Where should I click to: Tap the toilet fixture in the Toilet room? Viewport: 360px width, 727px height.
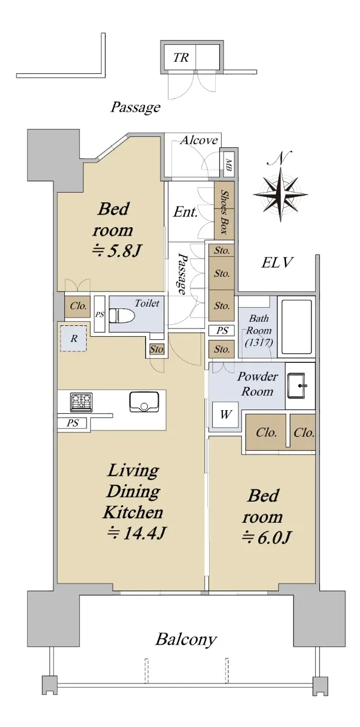[122, 316]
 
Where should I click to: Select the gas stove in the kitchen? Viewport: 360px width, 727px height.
[81, 402]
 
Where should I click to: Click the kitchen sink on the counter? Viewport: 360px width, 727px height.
[144, 402]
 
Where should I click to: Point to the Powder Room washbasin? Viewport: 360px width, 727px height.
[296, 385]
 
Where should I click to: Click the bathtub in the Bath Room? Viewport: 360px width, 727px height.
[296, 327]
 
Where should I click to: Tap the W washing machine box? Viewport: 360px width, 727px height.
[225, 414]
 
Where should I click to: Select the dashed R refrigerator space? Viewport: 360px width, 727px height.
[73, 339]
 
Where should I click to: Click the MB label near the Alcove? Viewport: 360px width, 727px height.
[228, 164]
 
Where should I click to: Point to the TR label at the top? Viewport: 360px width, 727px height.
[181, 58]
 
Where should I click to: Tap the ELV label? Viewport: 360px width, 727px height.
[278, 262]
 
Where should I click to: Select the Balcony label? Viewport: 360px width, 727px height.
[186, 639]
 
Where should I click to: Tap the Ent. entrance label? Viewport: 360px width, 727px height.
[185, 212]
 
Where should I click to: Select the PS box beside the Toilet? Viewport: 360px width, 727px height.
[99, 314]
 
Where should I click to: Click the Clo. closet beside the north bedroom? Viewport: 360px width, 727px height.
[78, 306]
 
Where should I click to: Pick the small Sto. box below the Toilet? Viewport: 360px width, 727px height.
[157, 350]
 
